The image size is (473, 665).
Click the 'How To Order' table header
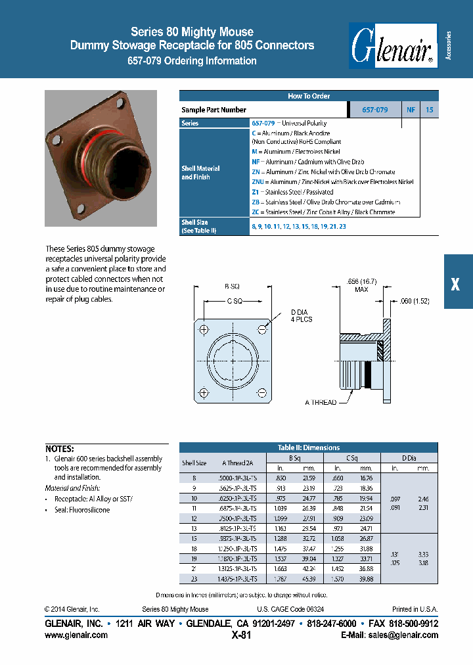pos(308,96)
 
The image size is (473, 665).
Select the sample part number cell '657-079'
pos(374,110)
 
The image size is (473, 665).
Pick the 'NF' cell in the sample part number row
pos(411,110)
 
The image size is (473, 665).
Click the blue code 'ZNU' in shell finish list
pos(258,181)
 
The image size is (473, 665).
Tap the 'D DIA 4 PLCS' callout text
pos(302,315)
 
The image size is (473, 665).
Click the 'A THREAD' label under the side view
pos(321,402)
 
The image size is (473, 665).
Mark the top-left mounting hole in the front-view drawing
pos(205,329)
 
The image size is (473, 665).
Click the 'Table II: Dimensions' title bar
pos(309,447)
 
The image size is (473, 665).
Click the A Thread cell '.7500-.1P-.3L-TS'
pos(238,519)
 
